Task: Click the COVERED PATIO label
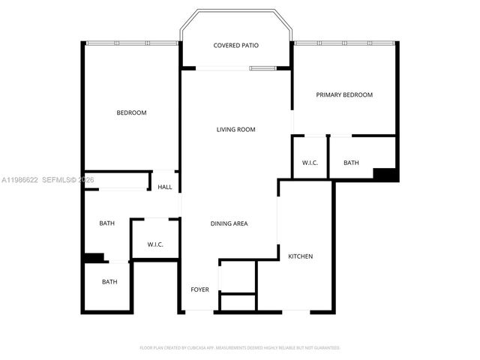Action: [235, 46]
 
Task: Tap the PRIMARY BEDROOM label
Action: [343, 94]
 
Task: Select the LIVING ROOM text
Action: [235, 130]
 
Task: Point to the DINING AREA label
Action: [229, 223]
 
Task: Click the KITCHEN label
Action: [300, 256]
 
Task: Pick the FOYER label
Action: [199, 289]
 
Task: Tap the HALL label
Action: [164, 187]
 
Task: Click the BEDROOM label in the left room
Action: [131, 113]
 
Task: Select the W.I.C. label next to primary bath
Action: [310, 163]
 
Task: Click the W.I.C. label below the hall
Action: [154, 244]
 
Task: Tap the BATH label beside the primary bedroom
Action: [351, 163]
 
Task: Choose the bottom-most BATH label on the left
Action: [109, 282]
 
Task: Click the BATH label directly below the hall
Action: [106, 223]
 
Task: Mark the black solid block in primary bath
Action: [385, 175]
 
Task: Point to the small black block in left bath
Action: [93, 257]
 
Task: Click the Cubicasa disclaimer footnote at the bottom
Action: [240, 348]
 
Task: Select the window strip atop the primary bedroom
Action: [344, 43]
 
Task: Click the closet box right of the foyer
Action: [238, 277]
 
